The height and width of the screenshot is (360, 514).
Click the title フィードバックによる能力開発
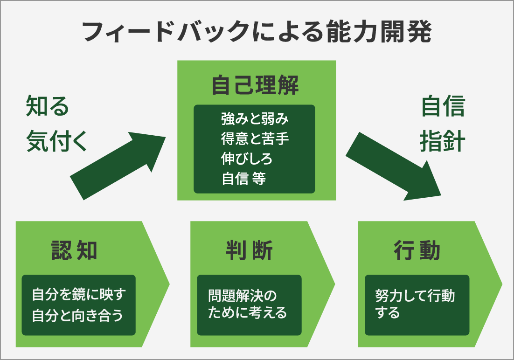coord(257,32)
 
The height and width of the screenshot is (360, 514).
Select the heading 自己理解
coord(255,86)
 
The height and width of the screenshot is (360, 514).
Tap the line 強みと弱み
coord(255,119)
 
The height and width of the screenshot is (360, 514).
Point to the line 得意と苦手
coord(255,139)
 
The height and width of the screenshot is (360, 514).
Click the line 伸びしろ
coord(247,159)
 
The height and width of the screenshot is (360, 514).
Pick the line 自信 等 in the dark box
coord(243,178)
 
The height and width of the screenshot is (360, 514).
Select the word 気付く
coord(57,140)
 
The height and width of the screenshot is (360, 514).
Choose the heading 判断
coord(249,251)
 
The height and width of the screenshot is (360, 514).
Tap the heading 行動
coord(417,251)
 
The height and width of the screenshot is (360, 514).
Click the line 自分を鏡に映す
coord(79,295)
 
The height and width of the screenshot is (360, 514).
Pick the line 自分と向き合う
coord(78,315)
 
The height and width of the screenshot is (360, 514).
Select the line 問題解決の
coord(243,295)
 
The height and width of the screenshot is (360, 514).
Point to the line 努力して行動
coord(415,296)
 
